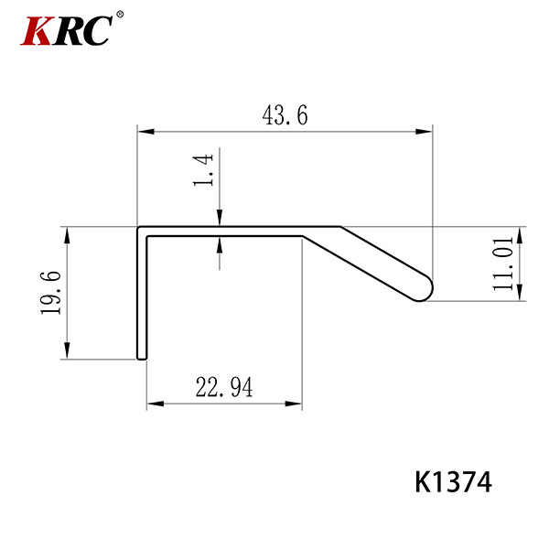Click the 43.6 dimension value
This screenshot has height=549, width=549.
[x=285, y=115]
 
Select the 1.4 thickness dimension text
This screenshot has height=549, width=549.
[x=203, y=170]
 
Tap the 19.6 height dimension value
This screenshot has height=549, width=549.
[x=51, y=293]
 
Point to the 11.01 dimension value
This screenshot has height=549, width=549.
[x=502, y=264]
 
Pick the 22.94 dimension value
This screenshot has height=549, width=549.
[x=224, y=387]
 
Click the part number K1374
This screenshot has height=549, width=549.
[x=454, y=482]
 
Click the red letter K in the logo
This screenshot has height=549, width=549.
[x=38, y=30]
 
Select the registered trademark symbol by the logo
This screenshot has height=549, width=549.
[x=120, y=15]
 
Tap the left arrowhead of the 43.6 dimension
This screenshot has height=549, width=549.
[x=146, y=132]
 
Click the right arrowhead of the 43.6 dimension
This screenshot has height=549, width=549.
[x=424, y=132]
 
